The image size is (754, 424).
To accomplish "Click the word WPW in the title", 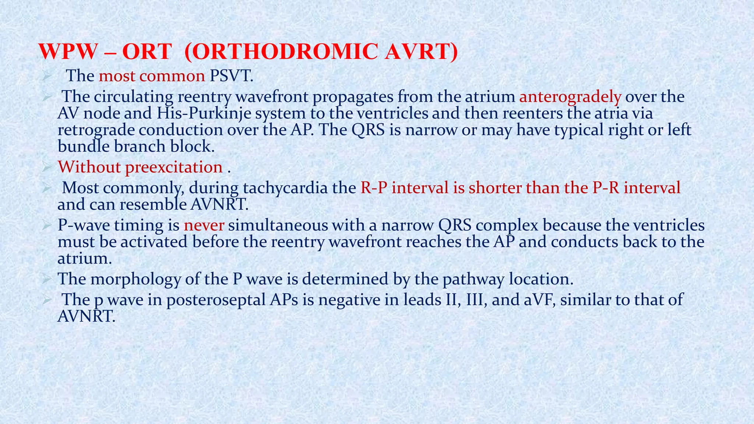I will [67, 52].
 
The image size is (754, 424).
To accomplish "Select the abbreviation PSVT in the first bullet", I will [231, 76].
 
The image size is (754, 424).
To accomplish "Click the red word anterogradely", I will [570, 97].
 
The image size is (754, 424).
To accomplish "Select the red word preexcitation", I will [174, 167].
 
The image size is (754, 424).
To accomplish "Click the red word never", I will [204, 225].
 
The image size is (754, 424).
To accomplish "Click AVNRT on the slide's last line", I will [87, 316].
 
